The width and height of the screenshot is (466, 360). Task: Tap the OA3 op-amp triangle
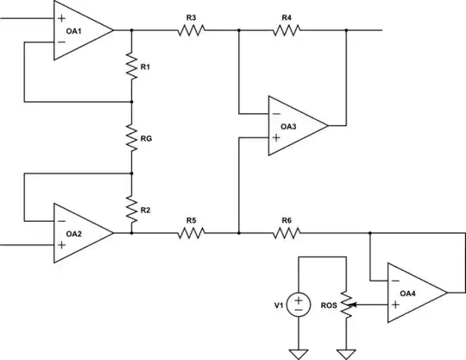(x=294, y=126)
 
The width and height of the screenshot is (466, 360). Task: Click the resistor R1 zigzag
(x=131, y=66)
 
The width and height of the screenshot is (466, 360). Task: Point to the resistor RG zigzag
(x=131, y=136)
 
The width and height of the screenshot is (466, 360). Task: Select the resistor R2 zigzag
(x=131, y=210)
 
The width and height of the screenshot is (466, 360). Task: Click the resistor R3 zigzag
(x=191, y=30)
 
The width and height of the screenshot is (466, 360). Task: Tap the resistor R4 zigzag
(x=287, y=30)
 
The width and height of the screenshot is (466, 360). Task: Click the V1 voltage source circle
(x=299, y=304)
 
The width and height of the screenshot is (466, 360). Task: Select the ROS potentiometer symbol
(x=346, y=304)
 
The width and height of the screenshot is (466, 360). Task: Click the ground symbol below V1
(x=299, y=351)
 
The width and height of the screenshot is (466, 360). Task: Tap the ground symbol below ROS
(x=346, y=351)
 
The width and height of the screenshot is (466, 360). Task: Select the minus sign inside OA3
(x=275, y=114)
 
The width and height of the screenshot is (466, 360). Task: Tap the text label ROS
(x=327, y=304)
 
